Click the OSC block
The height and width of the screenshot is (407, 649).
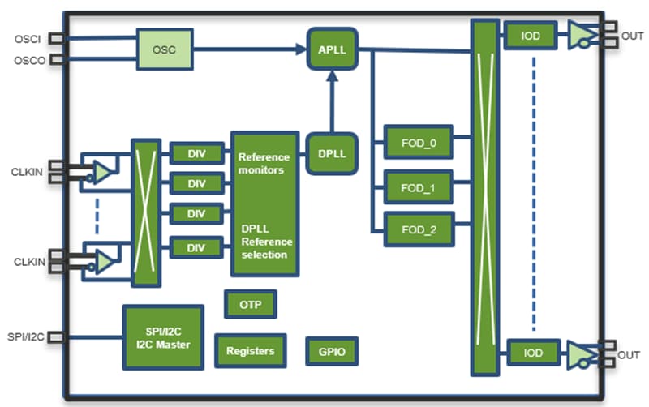pos(165,49)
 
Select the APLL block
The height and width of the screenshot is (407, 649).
pos(331,49)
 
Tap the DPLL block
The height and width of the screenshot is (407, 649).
pos(331,153)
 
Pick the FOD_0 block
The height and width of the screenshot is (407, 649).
pos(419,144)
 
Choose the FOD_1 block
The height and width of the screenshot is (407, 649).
pos(419,187)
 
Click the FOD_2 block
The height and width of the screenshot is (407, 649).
pos(419,229)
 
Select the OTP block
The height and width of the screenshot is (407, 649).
pos(249,304)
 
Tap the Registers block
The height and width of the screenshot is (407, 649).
pos(250,351)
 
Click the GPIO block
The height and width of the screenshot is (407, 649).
pos(332,352)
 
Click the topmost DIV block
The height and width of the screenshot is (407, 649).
pos(196,153)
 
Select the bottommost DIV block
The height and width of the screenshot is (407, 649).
pos(196,245)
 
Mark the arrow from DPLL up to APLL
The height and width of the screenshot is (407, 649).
pos(331,101)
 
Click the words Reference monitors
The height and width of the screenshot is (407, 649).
pos(261,164)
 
